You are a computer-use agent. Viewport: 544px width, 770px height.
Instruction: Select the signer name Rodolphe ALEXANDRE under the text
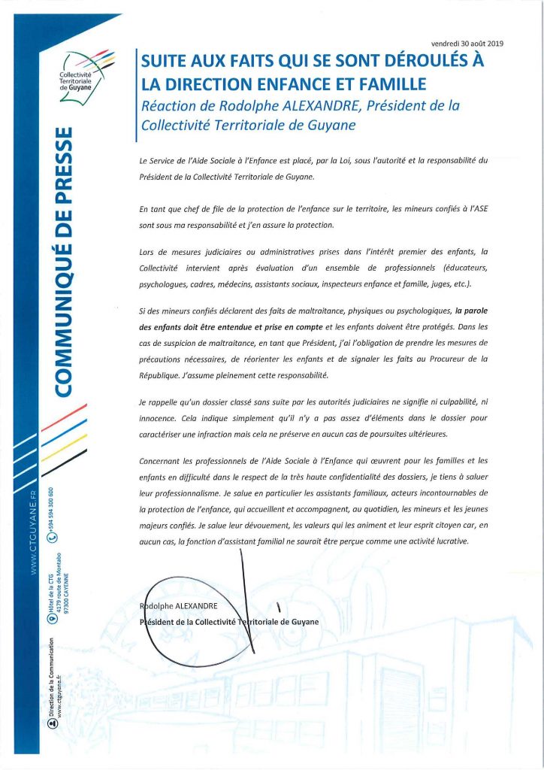coord(183,606)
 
